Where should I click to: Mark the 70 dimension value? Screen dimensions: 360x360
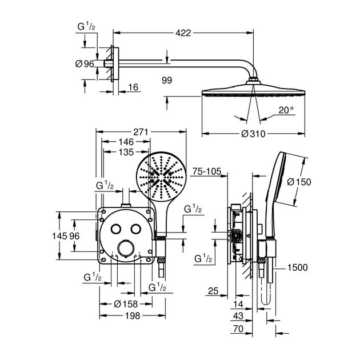point(238,329)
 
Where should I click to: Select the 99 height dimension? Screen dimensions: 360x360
point(167,81)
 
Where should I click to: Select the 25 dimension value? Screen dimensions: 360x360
point(214,292)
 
